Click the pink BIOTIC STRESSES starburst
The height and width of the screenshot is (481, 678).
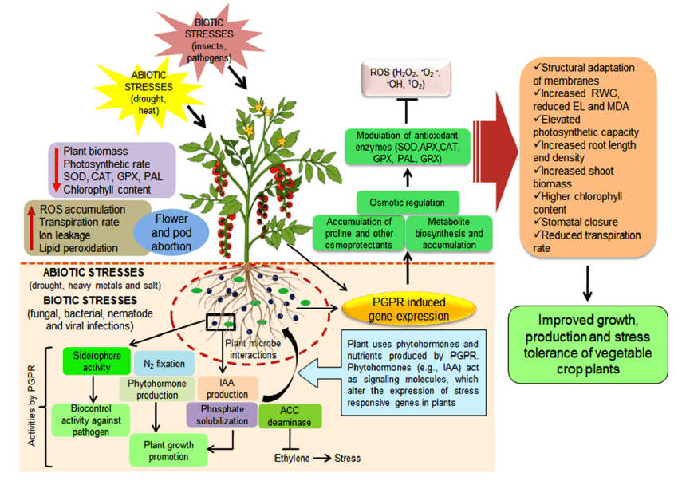point(209,41)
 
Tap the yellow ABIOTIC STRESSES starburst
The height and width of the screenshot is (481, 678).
point(148,93)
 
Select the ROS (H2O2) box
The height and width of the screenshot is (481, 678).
point(405,79)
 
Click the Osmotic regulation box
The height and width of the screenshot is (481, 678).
point(408,203)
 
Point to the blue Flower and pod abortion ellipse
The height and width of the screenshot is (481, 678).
point(171,232)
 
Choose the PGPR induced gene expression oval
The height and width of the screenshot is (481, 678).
point(408,309)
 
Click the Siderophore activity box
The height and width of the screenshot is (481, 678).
point(97,361)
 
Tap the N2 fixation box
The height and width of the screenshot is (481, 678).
point(164,364)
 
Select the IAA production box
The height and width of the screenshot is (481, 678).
point(227,388)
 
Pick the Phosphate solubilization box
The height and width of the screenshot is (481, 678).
point(223,415)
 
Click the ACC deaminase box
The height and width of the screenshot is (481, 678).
point(290,416)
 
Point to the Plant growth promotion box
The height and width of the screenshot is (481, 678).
point(168,450)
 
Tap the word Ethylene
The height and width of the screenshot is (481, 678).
point(292,458)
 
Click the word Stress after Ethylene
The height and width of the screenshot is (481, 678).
point(347,458)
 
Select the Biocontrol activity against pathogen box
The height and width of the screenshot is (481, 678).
point(91,420)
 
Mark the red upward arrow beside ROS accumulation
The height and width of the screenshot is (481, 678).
point(31,228)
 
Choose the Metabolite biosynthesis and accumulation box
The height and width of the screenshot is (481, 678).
point(449,233)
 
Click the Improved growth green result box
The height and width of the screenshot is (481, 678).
point(588,345)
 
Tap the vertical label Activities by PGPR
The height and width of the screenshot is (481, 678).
point(32,406)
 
